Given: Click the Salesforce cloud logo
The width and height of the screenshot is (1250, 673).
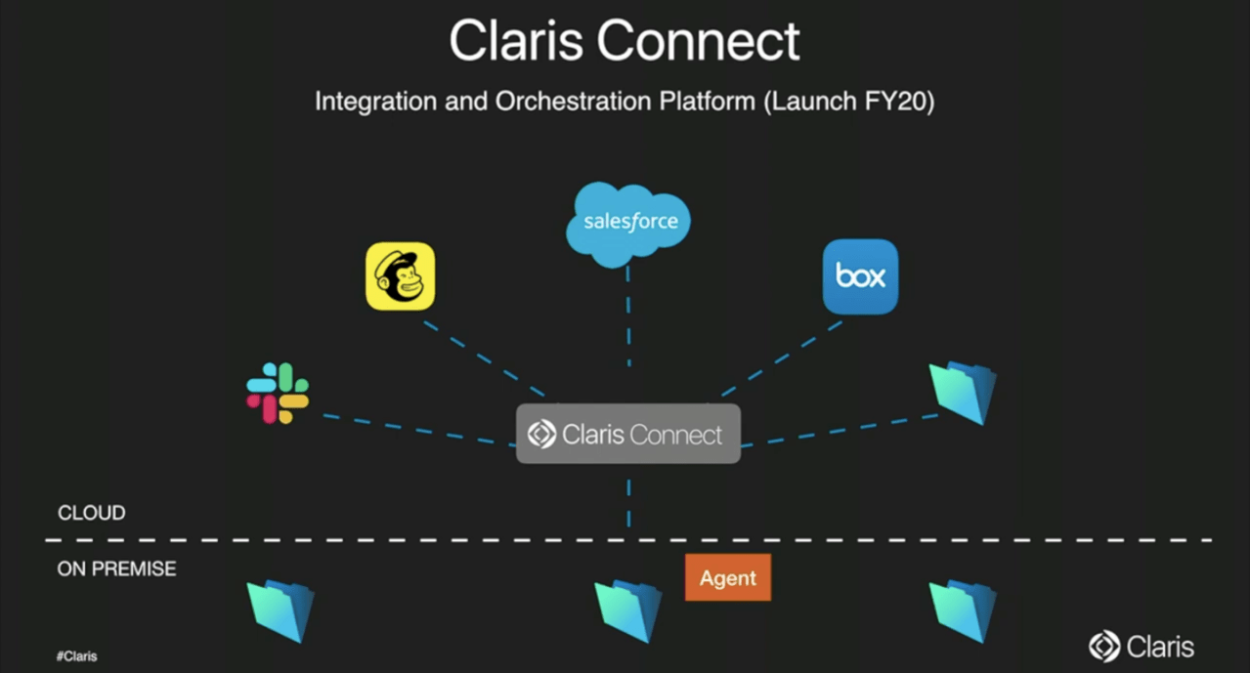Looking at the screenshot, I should coord(628,223).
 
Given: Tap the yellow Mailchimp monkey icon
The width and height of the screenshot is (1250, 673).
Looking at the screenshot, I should coord(400,276).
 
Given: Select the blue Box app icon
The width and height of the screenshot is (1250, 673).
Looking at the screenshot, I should coord(860,276).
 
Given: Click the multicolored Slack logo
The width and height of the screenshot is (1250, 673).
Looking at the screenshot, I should coord(278,393).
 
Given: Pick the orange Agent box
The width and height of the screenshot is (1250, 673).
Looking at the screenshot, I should coord(728,577).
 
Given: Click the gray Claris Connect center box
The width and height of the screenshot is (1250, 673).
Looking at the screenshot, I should coord(627,434).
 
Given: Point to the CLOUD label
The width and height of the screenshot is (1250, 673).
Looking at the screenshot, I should coord(92,513).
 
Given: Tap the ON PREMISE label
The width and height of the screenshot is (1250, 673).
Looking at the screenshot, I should coord(117,568).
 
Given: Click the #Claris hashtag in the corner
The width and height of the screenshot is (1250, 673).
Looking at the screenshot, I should coord(77,656).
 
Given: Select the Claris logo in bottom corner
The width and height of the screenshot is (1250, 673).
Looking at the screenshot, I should coord(1142,647).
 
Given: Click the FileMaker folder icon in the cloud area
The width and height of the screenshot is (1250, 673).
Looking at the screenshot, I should coord(963,393).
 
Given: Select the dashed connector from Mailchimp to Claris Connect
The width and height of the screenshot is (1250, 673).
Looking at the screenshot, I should coord(484,358).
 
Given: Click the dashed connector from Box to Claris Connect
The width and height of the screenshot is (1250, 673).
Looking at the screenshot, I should coord(782,358).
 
